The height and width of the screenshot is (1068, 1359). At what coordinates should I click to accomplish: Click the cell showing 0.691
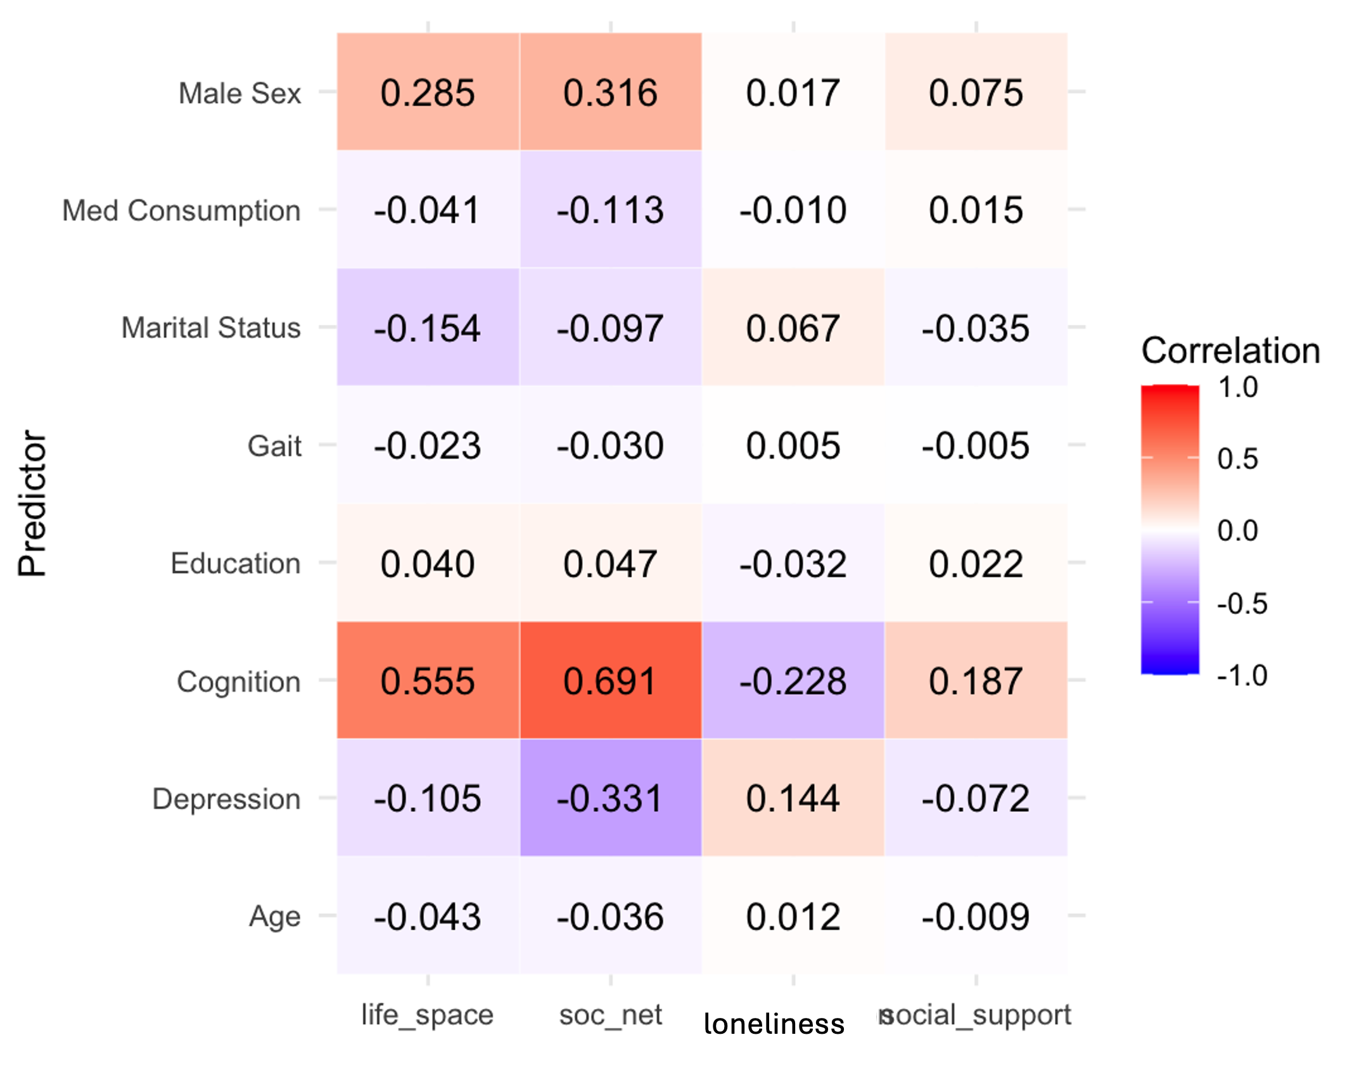coord(610,680)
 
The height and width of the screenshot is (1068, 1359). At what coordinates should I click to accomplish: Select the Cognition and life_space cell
coord(428,680)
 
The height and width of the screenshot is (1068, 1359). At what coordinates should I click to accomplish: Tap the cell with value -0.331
coord(610,798)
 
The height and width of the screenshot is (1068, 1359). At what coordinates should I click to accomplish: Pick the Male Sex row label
coord(239,93)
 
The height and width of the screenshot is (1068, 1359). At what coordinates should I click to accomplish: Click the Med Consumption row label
coord(181,210)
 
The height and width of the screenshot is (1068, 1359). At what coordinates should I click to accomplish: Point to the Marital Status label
coord(211,328)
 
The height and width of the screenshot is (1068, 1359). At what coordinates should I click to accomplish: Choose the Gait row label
coord(274,446)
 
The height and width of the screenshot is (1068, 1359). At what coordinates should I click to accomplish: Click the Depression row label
coord(226,799)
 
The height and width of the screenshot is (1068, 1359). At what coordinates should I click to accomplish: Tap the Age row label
coord(274,917)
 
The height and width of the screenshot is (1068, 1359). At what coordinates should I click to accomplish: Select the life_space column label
coord(427,1015)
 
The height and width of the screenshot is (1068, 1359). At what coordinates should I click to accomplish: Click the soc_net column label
coord(610,1015)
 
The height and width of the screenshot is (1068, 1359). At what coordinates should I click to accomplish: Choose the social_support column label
coord(976,1015)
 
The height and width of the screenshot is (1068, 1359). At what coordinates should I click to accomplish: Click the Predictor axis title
coord(32,504)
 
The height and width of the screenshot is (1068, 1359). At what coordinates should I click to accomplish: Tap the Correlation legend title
coord(1230,350)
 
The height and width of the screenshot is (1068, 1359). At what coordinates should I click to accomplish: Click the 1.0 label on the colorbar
coord(1238,387)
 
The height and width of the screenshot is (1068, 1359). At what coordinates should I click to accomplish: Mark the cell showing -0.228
coord(793,680)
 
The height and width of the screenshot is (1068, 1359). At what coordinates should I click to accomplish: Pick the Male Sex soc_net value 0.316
coord(610,92)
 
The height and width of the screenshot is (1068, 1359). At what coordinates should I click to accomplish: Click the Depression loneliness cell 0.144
coord(793,798)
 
